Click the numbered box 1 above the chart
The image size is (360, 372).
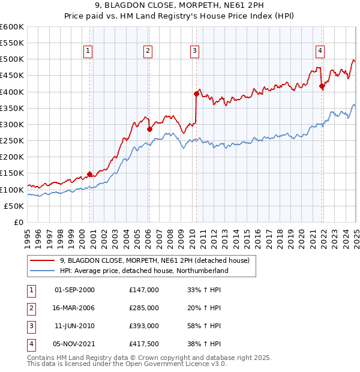(88, 51)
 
